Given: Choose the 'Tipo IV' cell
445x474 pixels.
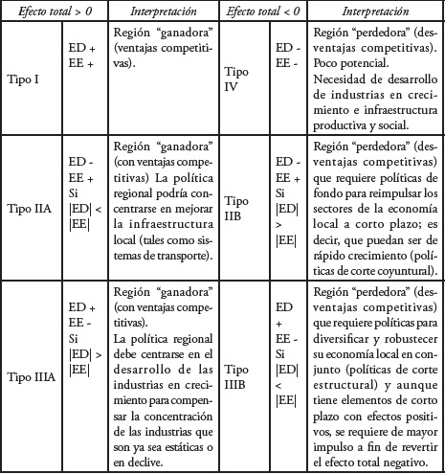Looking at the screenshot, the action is pos(237,77).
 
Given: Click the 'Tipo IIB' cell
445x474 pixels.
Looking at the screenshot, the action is pos(236,211).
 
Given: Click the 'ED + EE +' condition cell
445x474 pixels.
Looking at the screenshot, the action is pos(82,55).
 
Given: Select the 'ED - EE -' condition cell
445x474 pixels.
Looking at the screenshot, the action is pos(285,55).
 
